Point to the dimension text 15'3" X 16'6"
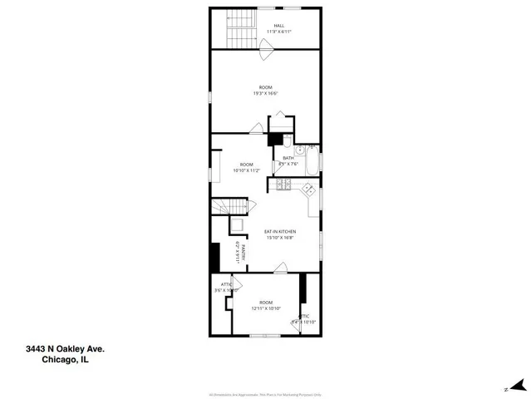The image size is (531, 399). (x=265, y=93)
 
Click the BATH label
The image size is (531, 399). (x=288, y=158)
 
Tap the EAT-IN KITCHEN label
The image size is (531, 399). (x=280, y=231)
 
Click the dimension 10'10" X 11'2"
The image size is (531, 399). (x=248, y=170)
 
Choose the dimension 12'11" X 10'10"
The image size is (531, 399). (x=266, y=308)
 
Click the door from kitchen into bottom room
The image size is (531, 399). (x=281, y=268)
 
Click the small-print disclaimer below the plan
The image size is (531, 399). (x=265, y=372)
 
